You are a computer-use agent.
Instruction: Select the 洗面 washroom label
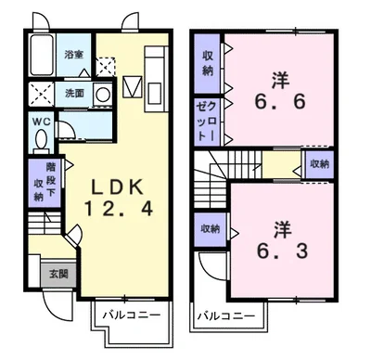point(74,93)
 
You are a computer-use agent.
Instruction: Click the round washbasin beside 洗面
point(102,93)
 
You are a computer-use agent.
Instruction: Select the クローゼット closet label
point(205,122)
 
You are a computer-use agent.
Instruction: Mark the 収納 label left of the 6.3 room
point(209,228)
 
